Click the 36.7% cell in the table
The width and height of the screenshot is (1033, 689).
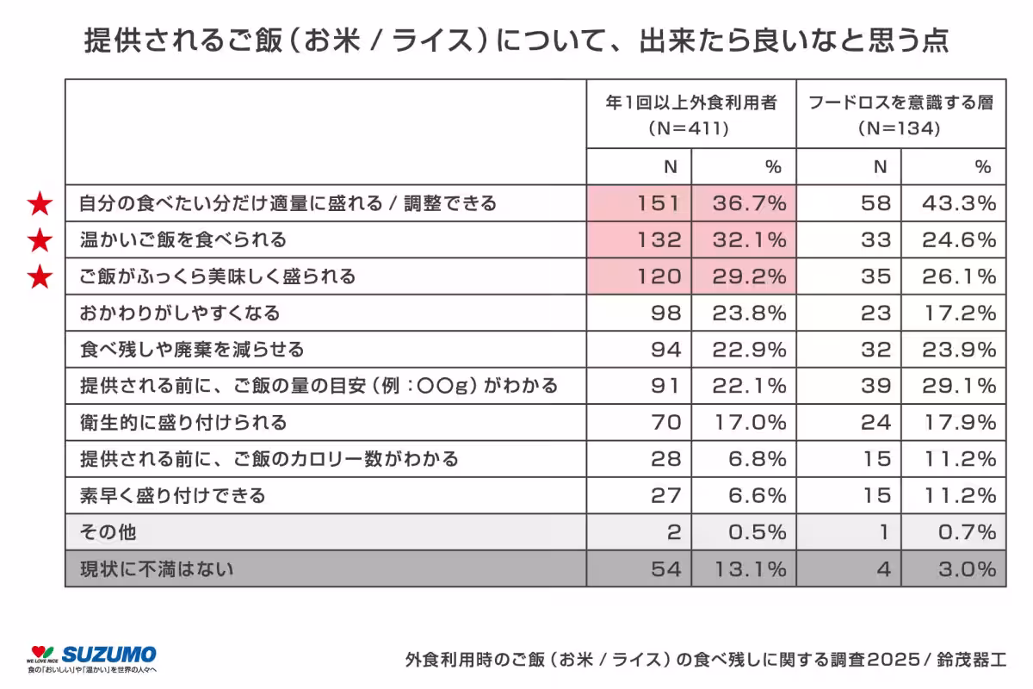click(x=745, y=203)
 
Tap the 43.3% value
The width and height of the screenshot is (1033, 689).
click(x=954, y=203)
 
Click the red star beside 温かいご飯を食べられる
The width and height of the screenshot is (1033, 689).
click(x=40, y=240)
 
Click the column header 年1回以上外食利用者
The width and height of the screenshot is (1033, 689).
click(x=691, y=103)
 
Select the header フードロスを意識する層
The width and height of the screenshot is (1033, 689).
click(x=900, y=103)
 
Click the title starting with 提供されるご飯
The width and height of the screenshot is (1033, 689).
click(x=516, y=40)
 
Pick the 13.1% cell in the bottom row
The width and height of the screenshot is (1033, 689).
click(x=745, y=569)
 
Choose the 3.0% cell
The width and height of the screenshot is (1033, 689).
click(x=954, y=569)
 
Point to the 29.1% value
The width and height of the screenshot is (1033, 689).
click(x=954, y=387)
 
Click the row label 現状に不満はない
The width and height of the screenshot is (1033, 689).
click(x=157, y=569)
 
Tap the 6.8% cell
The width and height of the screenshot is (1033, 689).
click(x=745, y=460)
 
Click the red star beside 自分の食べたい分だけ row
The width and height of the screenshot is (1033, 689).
click(x=40, y=204)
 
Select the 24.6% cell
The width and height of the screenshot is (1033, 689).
click(x=954, y=240)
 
